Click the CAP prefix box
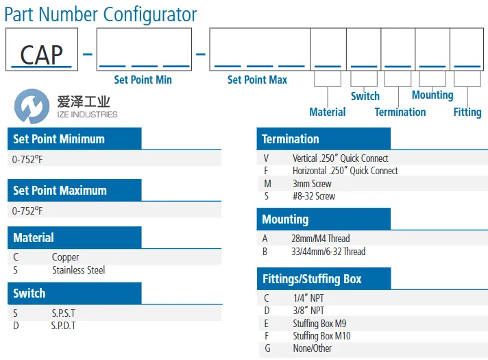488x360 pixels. click(x=42, y=49)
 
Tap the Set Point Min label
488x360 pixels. click(x=143, y=80)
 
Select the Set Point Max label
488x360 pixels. click(x=258, y=80)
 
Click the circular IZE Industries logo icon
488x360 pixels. click(x=32, y=106)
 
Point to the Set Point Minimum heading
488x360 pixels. click(x=59, y=139)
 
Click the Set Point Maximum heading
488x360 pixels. click(x=60, y=190)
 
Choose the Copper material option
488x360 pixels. click(x=65, y=257)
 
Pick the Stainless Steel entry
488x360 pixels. click(x=78, y=270)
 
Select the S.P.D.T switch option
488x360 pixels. click(x=64, y=326)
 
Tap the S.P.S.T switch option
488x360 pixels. click(x=64, y=313)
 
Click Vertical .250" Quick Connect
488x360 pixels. click(x=341, y=158)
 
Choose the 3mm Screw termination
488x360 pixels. click(x=312, y=184)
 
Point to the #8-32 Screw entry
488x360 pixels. click(x=314, y=196)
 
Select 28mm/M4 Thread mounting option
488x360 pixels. click(x=321, y=239)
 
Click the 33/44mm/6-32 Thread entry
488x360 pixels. click(x=328, y=252)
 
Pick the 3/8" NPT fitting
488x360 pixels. click(x=308, y=311)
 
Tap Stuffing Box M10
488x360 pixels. click(x=322, y=336)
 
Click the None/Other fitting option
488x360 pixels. click(x=312, y=348)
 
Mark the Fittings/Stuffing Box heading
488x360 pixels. click(x=312, y=279)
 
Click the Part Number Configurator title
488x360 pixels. click(x=101, y=14)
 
